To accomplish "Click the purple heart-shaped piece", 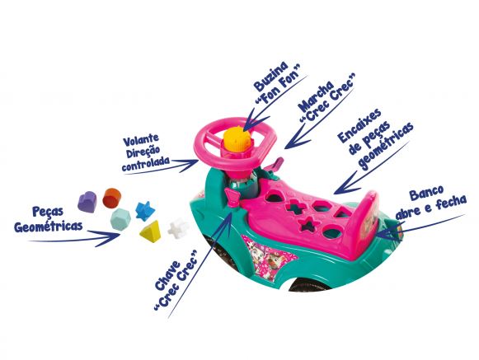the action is pyautogui.click(x=87, y=201).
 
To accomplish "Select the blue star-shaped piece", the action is pyautogui.click(x=145, y=211).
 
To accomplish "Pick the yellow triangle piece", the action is pyautogui.click(x=150, y=230).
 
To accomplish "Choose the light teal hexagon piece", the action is pyautogui.click(x=120, y=218).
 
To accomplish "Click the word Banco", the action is pyautogui.click(x=426, y=193).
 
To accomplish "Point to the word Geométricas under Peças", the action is pyautogui.click(x=49, y=227).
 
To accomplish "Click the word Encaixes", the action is pyautogui.click(x=359, y=124).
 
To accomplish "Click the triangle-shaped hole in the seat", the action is pyautogui.click(x=342, y=212).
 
